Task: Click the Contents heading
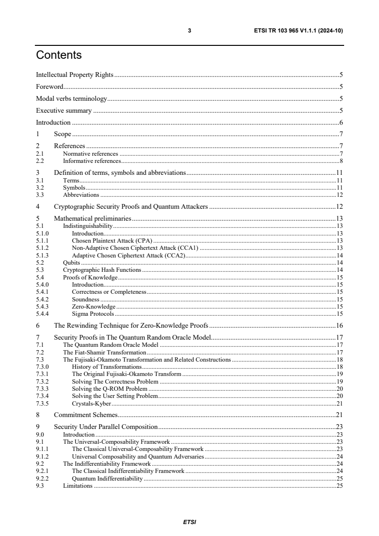pos(59,55)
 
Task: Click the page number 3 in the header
pos(189,31)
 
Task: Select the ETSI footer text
pos(189,522)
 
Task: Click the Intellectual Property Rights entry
pos(75,75)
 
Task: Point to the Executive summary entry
pos(64,111)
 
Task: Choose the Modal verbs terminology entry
pos(71,99)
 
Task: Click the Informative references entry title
pos(92,161)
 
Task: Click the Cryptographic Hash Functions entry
pos(102,270)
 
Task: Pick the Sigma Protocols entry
pos(93,314)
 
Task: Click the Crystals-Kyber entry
pos(91,403)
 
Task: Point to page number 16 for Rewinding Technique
pos(340,326)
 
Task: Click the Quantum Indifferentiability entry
pos(107,478)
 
